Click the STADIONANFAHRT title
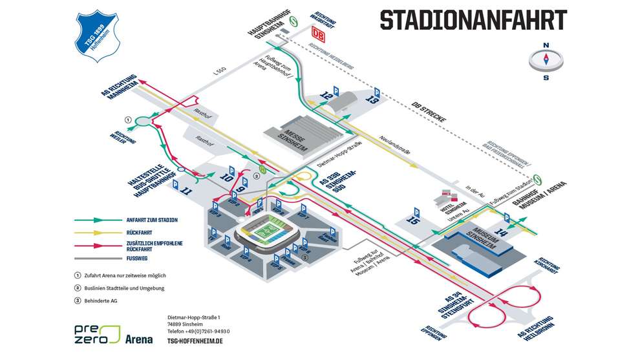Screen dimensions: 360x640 tap(473, 20)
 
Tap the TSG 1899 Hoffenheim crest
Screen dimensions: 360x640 tap(99, 36)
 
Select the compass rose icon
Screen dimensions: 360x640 tap(545, 61)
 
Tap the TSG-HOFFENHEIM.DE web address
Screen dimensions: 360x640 tap(194, 341)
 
